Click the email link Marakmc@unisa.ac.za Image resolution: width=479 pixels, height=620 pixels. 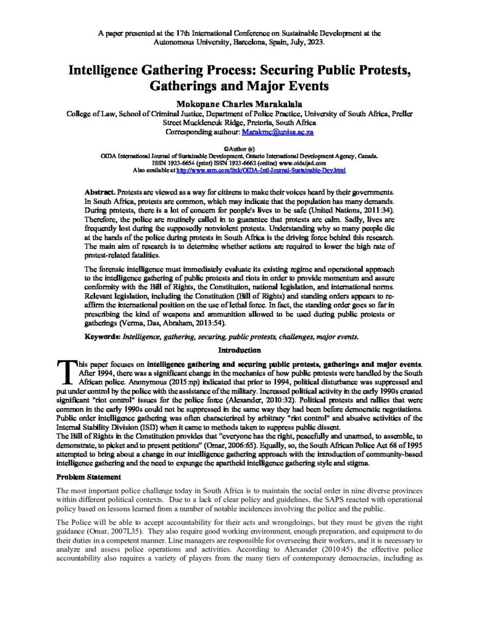(278, 131)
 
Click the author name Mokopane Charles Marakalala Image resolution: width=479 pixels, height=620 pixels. (239, 102)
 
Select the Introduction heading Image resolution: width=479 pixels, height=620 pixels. (239, 350)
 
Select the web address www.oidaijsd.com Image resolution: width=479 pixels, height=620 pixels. (311, 163)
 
